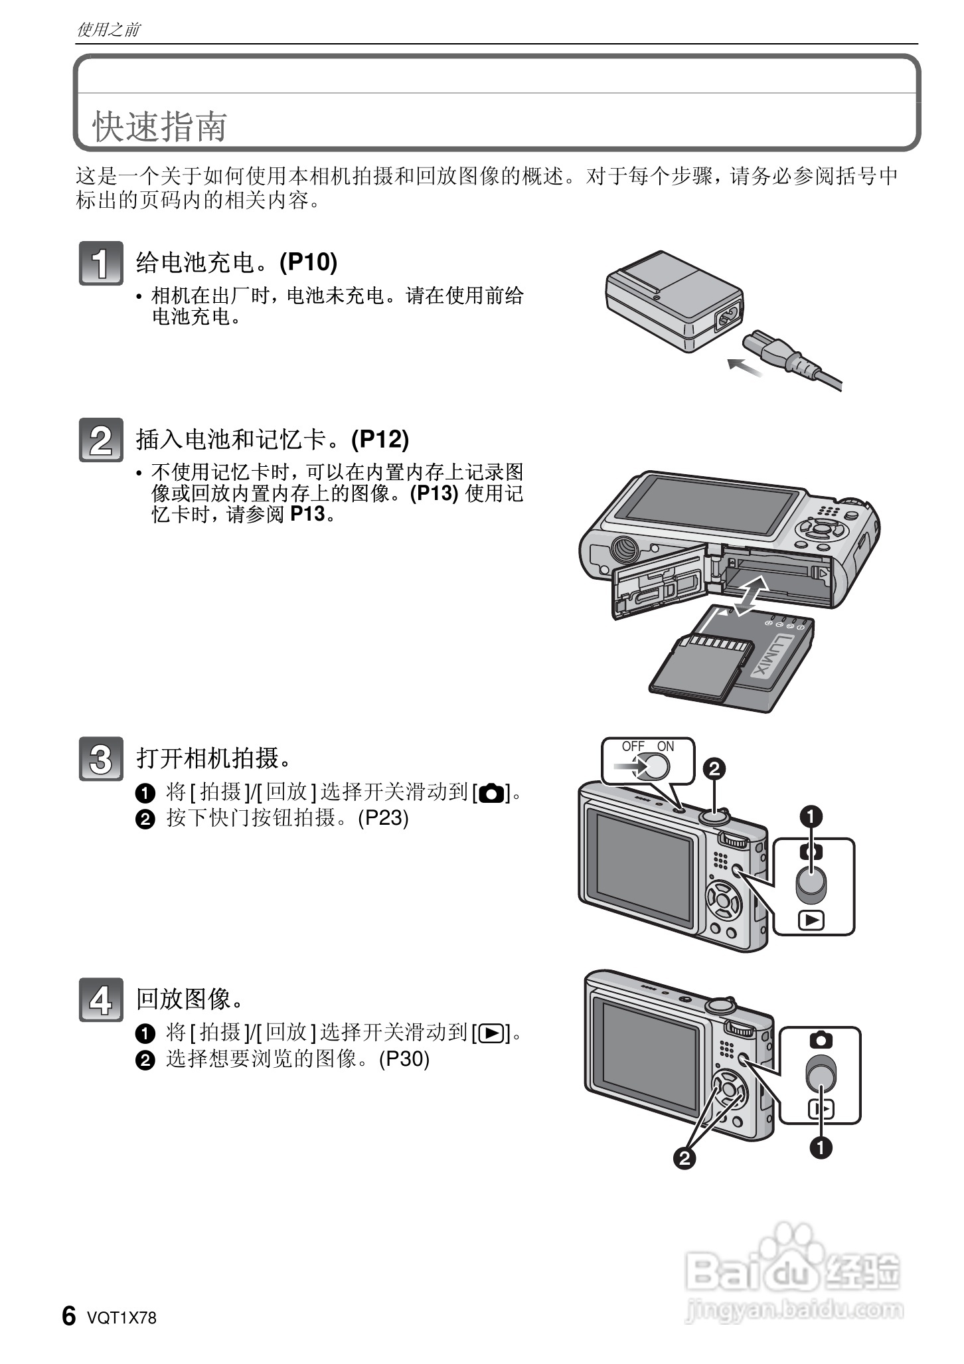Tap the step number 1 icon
(x=100, y=264)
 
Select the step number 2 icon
(x=100, y=440)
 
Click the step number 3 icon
(x=100, y=758)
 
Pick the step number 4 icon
(x=100, y=999)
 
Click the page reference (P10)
(x=308, y=262)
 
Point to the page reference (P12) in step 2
(x=380, y=439)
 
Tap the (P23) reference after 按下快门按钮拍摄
(x=383, y=817)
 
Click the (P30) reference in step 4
(x=404, y=1059)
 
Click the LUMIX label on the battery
(x=774, y=655)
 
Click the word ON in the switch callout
(x=665, y=746)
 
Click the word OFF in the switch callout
(x=633, y=746)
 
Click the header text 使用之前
(x=108, y=30)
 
